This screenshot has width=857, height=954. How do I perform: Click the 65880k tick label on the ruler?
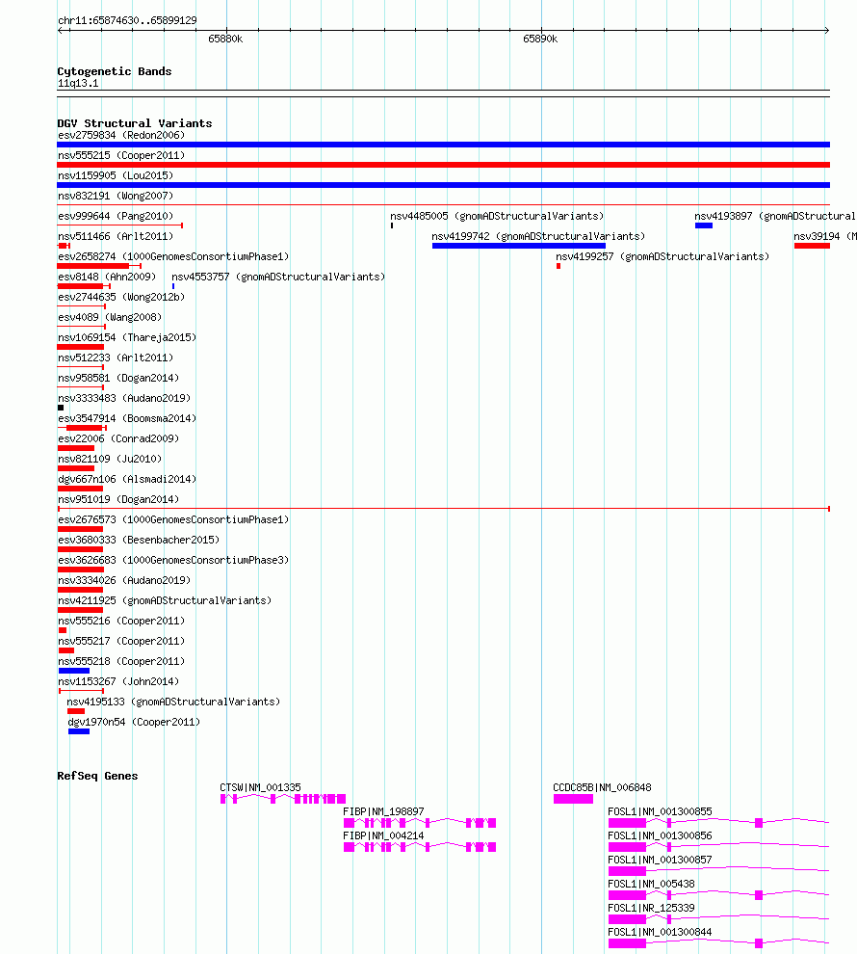tap(225, 39)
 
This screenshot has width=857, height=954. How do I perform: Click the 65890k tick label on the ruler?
tap(540, 39)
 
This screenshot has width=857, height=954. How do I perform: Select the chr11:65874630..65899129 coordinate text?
tap(127, 20)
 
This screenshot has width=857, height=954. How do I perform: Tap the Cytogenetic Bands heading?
tap(115, 71)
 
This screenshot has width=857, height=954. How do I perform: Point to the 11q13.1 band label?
tap(78, 83)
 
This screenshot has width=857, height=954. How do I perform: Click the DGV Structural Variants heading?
tap(134, 123)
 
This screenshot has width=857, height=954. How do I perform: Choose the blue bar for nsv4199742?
tap(518, 246)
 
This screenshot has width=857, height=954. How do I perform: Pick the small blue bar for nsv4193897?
tap(704, 225)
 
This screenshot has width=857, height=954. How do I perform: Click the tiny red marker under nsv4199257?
tap(558, 266)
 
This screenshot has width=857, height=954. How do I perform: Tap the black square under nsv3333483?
tap(61, 408)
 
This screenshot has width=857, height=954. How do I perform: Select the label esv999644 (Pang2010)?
tap(116, 216)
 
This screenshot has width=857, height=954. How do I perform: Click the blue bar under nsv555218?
tap(74, 671)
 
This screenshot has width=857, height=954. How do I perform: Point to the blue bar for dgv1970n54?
tap(79, 731)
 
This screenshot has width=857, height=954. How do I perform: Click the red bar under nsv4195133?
tap(76, 711)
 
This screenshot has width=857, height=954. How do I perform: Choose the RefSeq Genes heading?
tap(97, 776)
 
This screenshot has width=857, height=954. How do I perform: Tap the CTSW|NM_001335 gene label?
tap(260, 787)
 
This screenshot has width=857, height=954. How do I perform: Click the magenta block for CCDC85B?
tap(573, 799)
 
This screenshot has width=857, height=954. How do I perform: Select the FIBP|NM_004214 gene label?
tap(383, 835)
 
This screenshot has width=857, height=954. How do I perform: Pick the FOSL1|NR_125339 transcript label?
tap(651, 908)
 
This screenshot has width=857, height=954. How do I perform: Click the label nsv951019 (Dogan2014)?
tap(118, 499)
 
